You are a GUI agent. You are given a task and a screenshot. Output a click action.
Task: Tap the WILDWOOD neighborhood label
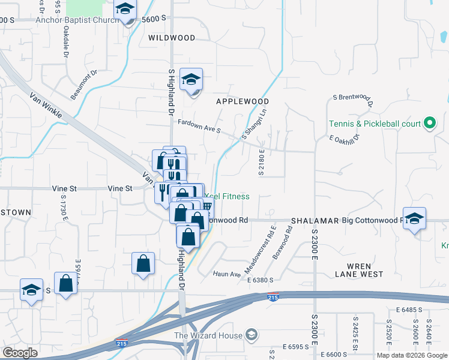[172, 38]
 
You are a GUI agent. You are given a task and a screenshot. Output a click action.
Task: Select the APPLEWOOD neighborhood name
[243, 101]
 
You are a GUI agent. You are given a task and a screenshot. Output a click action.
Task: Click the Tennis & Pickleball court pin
[429, 124]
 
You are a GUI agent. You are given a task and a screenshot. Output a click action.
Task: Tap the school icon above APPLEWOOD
[191, 80]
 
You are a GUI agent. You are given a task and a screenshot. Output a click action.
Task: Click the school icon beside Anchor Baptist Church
[125, 10]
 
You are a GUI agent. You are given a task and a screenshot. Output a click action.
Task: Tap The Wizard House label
[208, 335]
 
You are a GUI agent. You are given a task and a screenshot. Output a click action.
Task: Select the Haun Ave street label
[227, 274]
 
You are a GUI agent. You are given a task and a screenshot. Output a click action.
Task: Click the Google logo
[20, 353]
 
